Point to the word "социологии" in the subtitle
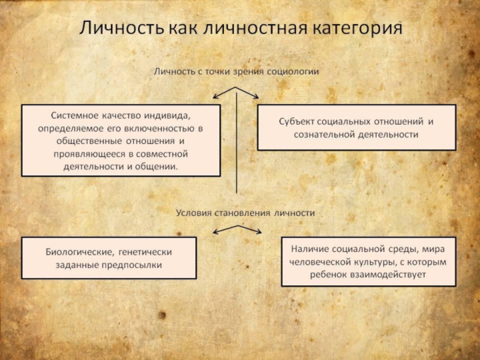coord(294,71)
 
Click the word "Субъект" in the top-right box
coord(297,121)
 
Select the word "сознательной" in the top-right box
coord(321,135)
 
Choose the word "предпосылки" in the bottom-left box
coord(137,265)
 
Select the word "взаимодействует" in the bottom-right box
coord(391,274)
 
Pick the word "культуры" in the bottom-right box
coord(365,261)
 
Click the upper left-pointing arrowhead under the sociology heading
coord(215,96)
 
